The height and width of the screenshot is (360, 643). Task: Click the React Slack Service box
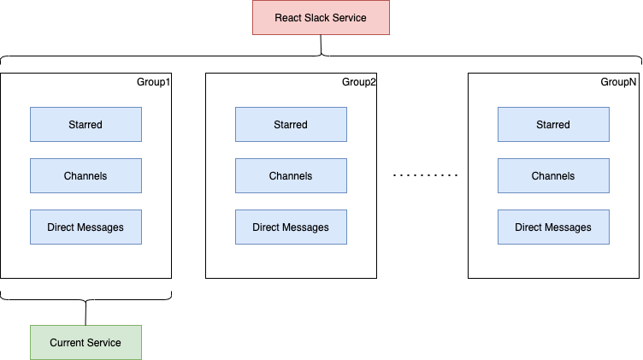pos(321,18)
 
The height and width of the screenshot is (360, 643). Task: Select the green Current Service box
pos(86,342)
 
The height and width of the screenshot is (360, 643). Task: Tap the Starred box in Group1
pos(86,125)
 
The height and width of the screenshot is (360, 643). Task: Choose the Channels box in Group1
pos(86,176)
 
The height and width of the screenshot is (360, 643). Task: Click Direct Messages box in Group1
pos(86,227)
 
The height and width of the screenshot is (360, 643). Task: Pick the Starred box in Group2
pos(291,125)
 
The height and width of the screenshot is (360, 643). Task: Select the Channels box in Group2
pos(291,176)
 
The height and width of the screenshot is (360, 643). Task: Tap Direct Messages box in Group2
pos(291,227)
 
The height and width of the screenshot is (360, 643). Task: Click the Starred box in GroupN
pos(553,125)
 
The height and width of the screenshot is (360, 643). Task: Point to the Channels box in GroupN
pos(553,176)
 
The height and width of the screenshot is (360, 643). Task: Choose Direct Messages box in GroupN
pos(553,227)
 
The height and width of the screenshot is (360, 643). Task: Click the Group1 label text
pos(154,82)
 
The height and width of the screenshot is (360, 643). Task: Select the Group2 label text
pos(359,82)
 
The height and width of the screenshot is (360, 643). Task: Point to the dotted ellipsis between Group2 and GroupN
pos(426,176)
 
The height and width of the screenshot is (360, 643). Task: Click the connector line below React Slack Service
pos(321,44)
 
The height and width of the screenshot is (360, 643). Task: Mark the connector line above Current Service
pos(86,313)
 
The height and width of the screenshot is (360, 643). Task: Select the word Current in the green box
pos(67,342)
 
